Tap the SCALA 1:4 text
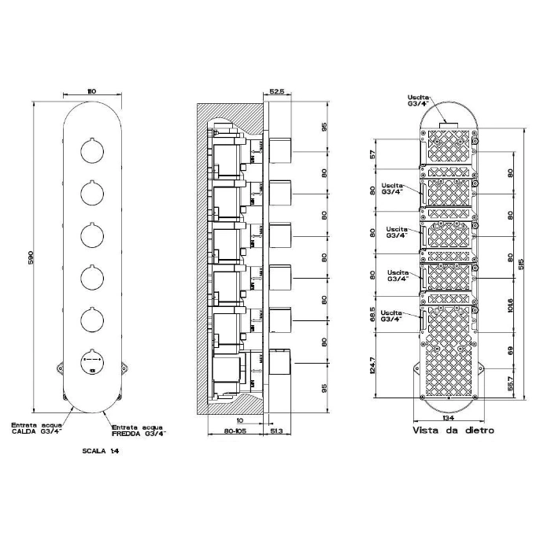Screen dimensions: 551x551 tap(98, 453)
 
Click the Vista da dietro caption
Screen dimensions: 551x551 tap(453, 431)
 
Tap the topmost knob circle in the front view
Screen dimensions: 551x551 tap(91, 150)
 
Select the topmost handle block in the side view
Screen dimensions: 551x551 tap(281, 149)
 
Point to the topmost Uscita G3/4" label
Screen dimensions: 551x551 tap(420, 100)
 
